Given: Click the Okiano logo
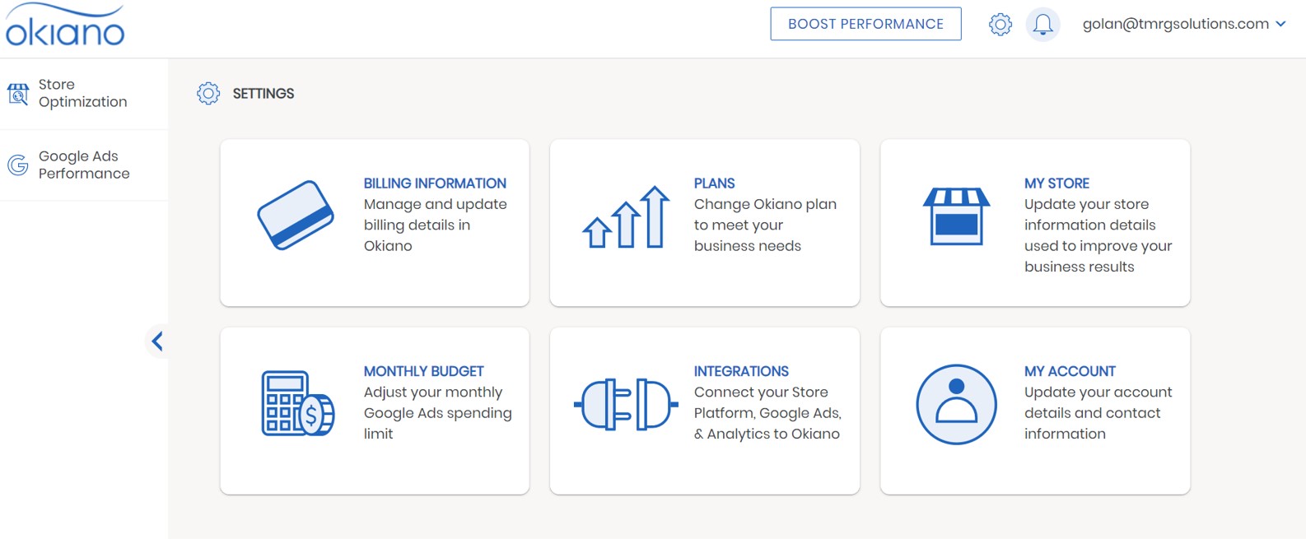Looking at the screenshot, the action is tap(65, 25).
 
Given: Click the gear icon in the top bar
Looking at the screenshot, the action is tap(1000, 25).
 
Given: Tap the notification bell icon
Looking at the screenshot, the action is tap(1042, 25).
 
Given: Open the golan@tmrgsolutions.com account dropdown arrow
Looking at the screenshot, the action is tap(1281, 24).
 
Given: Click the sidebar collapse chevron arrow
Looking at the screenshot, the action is tap(156, 341).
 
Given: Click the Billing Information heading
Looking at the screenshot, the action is tap(435, 183).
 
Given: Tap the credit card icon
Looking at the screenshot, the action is tap(296, 215).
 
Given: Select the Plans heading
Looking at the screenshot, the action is tap(714, 183).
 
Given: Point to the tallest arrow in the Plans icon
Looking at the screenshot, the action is tap(655, 216).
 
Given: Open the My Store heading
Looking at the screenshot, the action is tap(1056, 183).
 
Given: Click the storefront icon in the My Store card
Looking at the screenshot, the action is tap(956, 216).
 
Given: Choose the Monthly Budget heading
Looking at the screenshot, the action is tap(424, 371).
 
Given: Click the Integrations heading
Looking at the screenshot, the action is tap(741, 371).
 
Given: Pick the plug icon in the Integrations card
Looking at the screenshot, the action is tap(626, 404).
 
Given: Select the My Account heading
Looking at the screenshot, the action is tap(1070, 371).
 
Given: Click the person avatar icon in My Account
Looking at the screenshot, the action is tap(956, 404).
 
